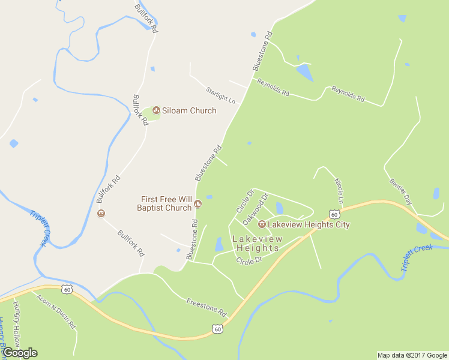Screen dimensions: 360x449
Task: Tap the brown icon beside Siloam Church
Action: point(157,110)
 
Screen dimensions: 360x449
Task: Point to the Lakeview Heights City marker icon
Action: point(262,224)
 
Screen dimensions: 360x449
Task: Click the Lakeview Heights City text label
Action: point(309,224)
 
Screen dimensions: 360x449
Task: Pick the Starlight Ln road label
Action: point(220,94)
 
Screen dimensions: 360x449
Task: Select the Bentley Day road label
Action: point(400,191)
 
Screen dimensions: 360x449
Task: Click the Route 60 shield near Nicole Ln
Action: point(334,214)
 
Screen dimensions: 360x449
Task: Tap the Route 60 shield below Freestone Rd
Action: point(217,328)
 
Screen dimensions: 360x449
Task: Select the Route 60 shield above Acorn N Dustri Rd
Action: point(66,290)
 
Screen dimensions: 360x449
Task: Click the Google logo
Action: point(20,352)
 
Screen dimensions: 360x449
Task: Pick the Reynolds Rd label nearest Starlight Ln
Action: point(273,87)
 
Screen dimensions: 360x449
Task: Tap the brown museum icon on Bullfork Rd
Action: point(101,213)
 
